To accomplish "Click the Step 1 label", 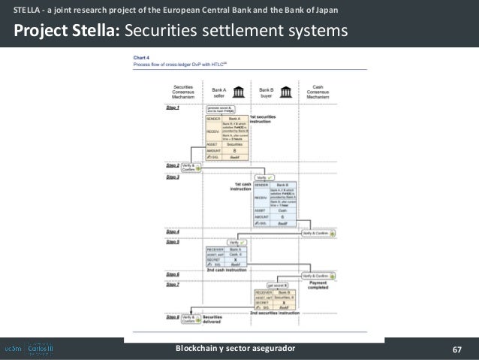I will [172, 108].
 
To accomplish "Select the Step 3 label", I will [172, 176].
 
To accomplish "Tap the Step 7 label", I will [172, 285].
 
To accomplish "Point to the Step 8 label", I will [172, 318].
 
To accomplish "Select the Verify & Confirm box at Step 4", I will [318, 233].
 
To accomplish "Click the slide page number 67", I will [456, 349].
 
